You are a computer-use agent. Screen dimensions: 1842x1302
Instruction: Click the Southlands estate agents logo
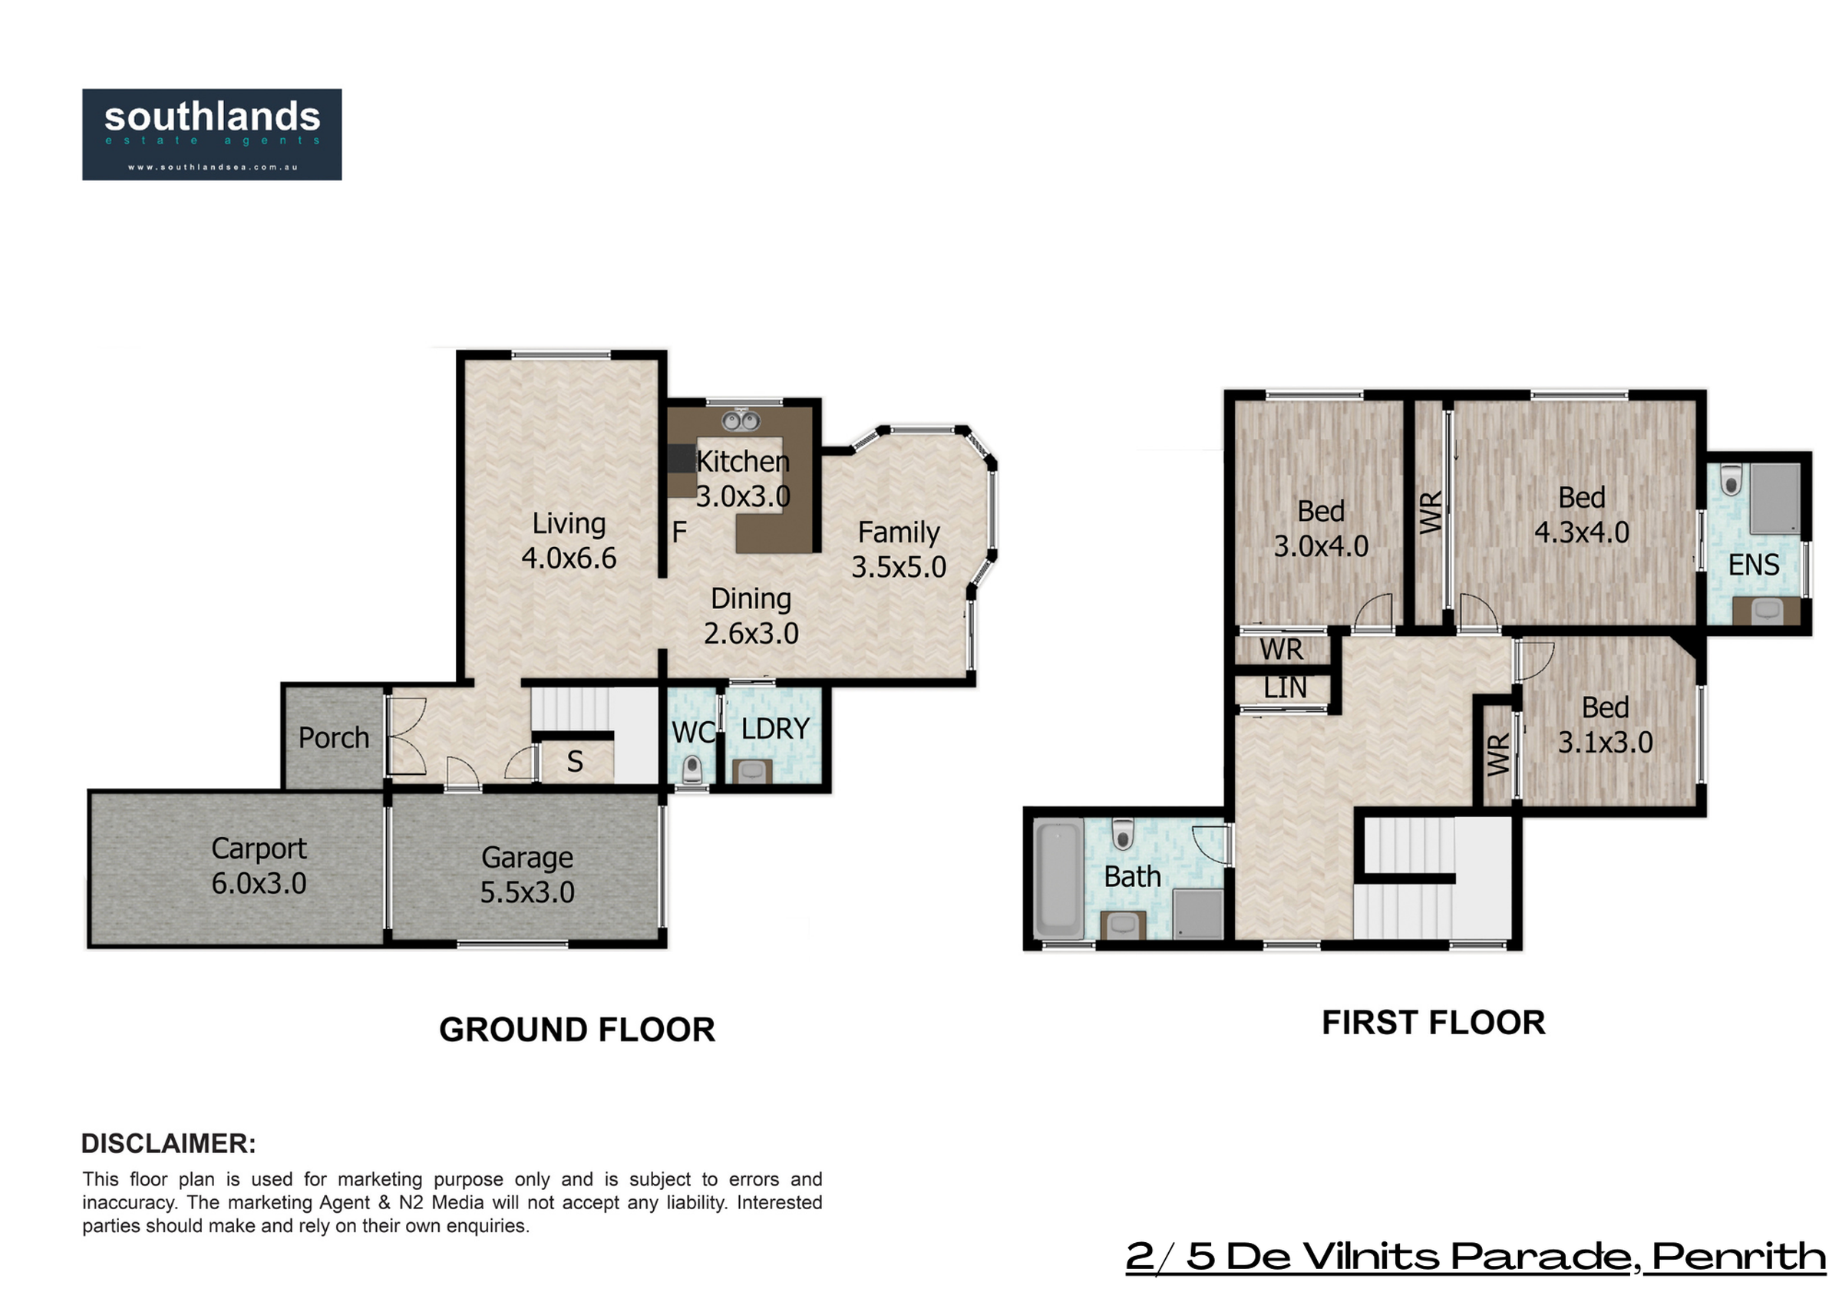pos(212,134)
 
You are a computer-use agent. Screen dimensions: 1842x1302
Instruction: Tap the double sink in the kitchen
pos(741,420)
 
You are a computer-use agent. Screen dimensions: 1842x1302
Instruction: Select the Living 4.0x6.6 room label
pos(569,541)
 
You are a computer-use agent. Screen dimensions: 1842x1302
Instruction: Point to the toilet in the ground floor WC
pos(692,770)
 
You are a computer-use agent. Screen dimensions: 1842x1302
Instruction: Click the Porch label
pos(334,738)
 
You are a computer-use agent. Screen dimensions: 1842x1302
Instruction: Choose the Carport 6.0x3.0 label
pos(259,865)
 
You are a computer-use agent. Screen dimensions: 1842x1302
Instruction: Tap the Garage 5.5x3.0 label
pos(527,875)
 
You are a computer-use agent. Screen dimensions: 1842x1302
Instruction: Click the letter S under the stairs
pos(575,761)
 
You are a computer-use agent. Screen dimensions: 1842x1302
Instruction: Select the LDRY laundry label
pos(775,729)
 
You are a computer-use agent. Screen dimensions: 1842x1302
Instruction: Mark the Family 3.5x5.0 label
pos(899,549)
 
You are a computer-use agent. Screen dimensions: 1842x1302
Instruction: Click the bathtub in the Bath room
pos(1059,878)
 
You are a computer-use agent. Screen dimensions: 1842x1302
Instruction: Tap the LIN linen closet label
pos(1286,687)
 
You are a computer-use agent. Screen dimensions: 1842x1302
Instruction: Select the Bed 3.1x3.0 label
pos(1606,724)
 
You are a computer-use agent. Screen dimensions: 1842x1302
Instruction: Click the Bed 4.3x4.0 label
pos(1582,514)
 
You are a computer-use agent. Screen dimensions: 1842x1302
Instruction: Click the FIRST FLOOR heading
pos(1434,1023)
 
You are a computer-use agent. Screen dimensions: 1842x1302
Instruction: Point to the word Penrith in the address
pos(1738,1257)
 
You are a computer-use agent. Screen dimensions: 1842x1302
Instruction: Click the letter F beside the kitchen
pos(678,532)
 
